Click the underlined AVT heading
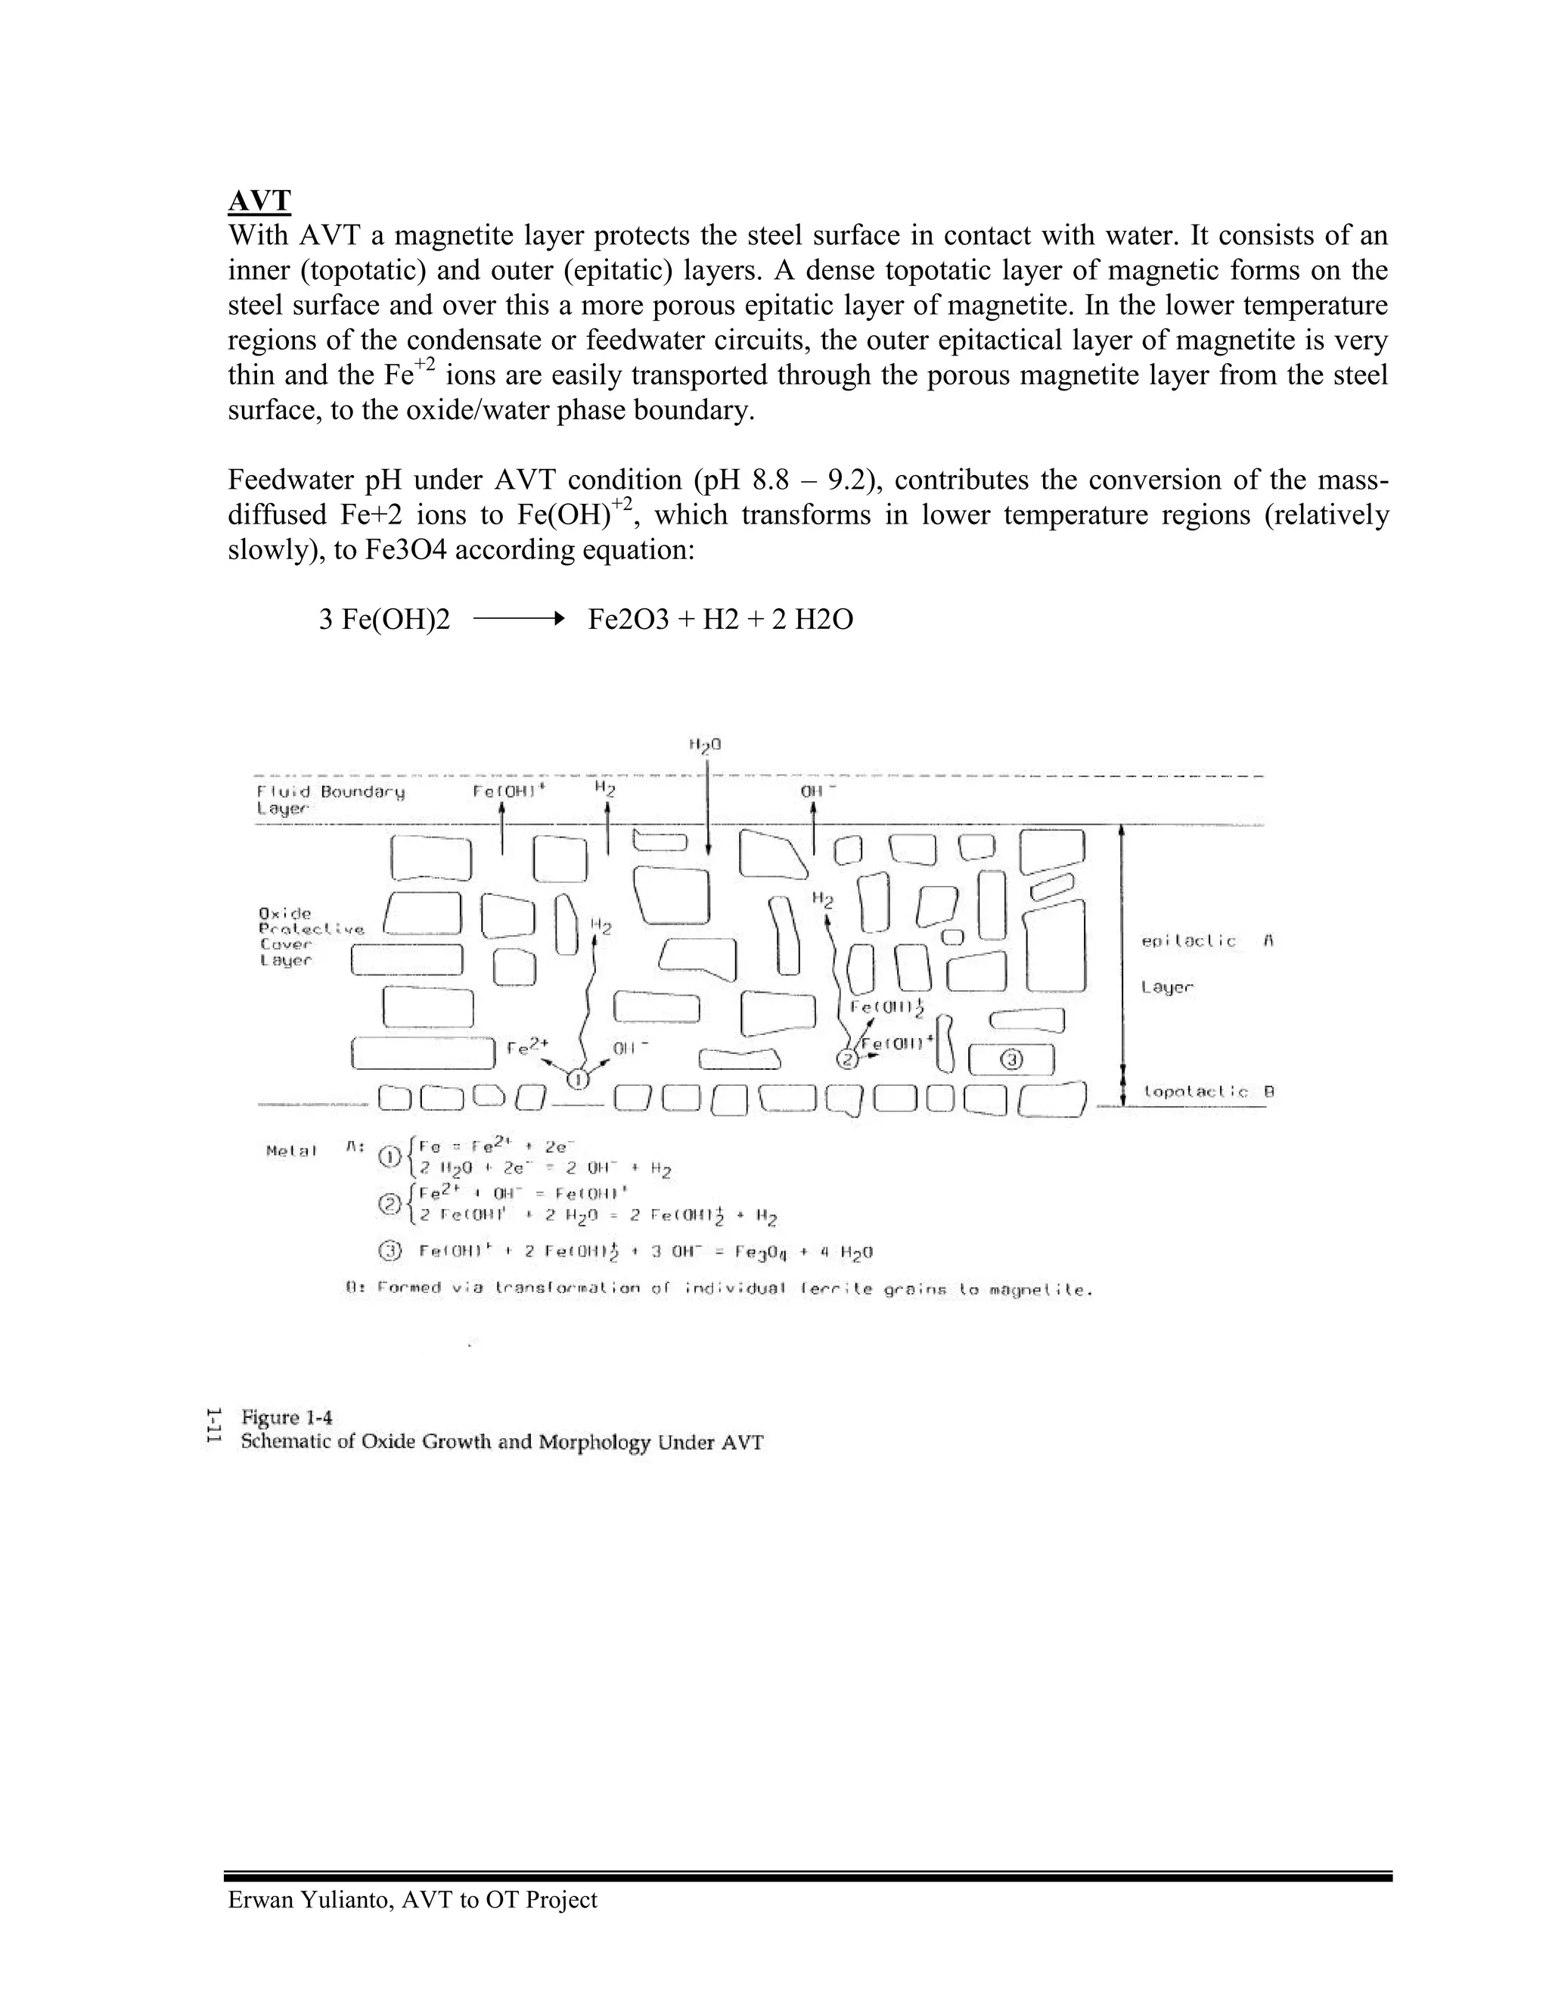pos(259,201)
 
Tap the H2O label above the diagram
pos(705,744)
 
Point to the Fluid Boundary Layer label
pos(330,799)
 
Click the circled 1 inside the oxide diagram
pos(578,1080)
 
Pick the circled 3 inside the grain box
pos(1011,1060)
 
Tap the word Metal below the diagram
pos(291,1150)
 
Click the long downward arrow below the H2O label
pos(707,808)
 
